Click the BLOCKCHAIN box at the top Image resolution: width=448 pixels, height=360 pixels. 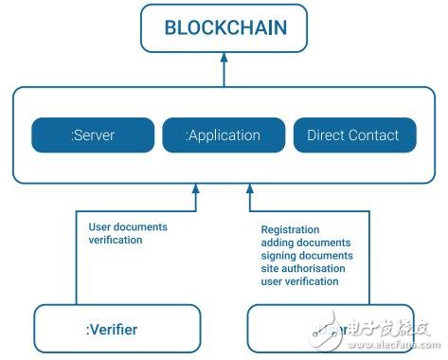click(x=224, y=27)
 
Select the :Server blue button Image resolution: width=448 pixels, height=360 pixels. click(x=91, y=135)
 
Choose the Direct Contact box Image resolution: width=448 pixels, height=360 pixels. click(x=353, y=135)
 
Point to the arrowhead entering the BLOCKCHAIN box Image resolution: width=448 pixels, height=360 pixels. click(x=224, y=57)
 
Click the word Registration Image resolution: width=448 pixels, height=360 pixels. click(x=290, y=229)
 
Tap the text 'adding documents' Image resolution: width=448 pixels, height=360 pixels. click(x=304, y=243)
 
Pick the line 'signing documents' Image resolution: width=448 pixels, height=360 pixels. click(x=306, y=256)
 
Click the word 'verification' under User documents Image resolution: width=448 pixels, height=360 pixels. click(x=115, y=241)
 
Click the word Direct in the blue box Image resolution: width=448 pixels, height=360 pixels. click(x=327, y=135)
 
